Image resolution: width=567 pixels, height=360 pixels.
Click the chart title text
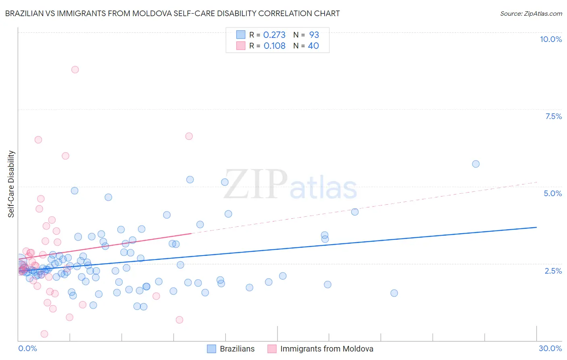pyautogui.click(x=172, y=13)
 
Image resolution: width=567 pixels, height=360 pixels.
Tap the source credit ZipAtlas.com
pyautogui.click(x=531, y=13)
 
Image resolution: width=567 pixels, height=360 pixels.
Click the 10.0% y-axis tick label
pyautogui.click(x=550, y=39)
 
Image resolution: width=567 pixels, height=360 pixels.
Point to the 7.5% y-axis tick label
pyautogui.click(x=553, y=116)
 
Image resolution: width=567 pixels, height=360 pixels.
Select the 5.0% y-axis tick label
pyautogui.click(x=552, y=193)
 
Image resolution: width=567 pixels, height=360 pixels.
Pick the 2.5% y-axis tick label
pyautogui.click(x=553, y=271)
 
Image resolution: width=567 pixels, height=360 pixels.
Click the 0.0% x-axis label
pyautogui.click(x=27, y=348)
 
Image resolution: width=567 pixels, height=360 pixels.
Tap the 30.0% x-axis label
pyautogui.click(x=550, y=348)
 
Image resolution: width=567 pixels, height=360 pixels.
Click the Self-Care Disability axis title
pyautogui.click(x=11, y=184)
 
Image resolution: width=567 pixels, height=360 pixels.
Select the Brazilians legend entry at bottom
pyautogui.click(x=237, y=349)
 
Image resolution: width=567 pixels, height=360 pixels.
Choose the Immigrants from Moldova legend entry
pyautogui.click(x=326, y=349)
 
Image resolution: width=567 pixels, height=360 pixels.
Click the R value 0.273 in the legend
pyautogui.click(x=274, y=35)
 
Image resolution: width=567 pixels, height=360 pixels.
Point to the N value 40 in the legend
pyautogui.click(x=313, y=46)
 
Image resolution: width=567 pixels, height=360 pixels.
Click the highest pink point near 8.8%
pyautogui.click(x=75, y=69)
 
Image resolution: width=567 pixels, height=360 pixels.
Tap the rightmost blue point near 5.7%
pyautogui.click(x=476, y=164)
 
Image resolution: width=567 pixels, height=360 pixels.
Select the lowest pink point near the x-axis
pyautogui.click(x=44, y=334)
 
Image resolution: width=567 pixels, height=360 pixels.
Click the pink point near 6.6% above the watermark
pyautogui.click(x=189, y=136)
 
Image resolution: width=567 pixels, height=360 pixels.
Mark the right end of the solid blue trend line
pyautogui.click(x=537, y=227)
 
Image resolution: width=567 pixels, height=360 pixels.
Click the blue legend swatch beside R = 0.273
pyautogui.click(x=241, y=35)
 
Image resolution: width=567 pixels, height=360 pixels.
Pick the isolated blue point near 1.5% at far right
pyautogui.click(x=394, y=293)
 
